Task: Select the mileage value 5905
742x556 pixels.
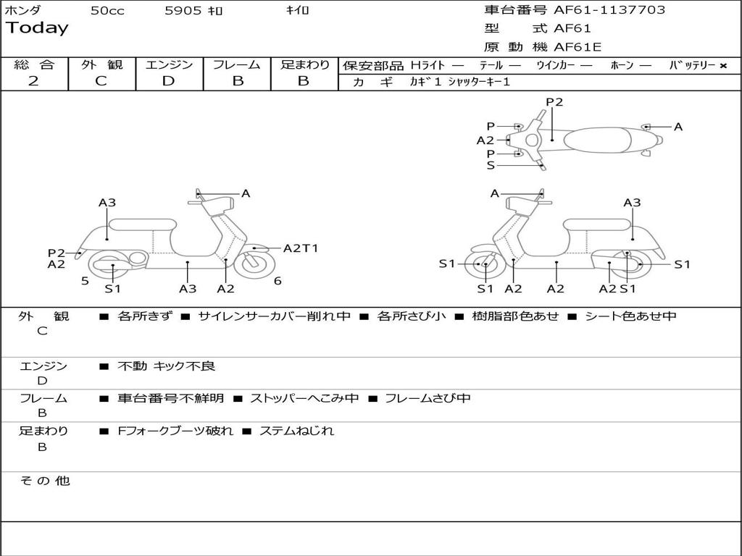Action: [x=183, y=11]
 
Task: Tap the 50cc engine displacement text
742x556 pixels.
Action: [x=107, y=11]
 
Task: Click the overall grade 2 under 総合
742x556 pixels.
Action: [x=33, y=81]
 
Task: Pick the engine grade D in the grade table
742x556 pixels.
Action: [x=168, y=81]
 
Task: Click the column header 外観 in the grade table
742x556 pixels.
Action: [x=101, y=65]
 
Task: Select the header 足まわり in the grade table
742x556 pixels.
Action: [x=305, y=65]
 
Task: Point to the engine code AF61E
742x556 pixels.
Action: [x=578, y=48]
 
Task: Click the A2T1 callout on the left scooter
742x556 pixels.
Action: [x=300, y=248]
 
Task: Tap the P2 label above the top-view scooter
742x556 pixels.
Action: [x=554, y=102]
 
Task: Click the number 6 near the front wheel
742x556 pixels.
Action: [x=278, y=281]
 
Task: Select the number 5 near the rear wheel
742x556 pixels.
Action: [x=85, y=281]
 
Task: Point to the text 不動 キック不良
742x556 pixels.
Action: [x=166, y=366]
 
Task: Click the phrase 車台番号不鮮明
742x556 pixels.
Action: [x=170, y=398]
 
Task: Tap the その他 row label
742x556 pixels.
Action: [x=44, y=481]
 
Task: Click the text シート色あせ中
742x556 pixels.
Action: [x=630, y=316]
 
